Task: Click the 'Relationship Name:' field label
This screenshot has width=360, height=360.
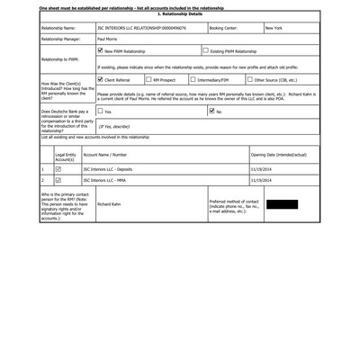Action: tap(58, 28)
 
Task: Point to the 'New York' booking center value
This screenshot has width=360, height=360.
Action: tap(274, 28)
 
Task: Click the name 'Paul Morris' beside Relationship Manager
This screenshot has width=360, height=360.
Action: tap(109, 40)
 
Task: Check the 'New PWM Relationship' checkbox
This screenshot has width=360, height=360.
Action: tap(100, 51)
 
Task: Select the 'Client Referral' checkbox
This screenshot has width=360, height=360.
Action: tap(100, 79)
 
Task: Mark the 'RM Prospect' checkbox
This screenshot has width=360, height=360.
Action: tap(148, 79)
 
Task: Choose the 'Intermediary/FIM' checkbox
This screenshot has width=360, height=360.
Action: tap(193, 79)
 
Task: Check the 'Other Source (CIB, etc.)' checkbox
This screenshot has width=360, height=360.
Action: tap(249, 79)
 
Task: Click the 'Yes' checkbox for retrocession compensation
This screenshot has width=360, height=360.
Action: tap(100, 112)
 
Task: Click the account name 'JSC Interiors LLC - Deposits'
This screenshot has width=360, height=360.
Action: tap(107, 168)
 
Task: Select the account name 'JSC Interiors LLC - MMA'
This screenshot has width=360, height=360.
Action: tap(103, 180)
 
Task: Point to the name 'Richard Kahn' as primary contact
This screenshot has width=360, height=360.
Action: tap(109, 204)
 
